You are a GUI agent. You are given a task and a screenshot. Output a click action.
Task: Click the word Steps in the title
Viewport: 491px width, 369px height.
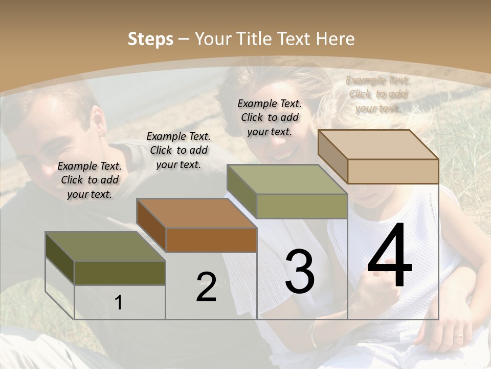pos(150,39)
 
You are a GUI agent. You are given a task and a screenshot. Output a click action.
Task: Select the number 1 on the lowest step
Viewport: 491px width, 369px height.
pos(119,302)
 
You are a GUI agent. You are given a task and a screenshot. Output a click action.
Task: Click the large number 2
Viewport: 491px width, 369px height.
pos(206,287)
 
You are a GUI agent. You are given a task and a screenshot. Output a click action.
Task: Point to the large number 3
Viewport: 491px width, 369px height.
pos(300,272)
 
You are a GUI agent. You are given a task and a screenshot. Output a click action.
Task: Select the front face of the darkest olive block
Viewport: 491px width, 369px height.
pos(120,273)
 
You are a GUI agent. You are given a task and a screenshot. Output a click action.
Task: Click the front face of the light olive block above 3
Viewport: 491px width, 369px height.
pos(302,206)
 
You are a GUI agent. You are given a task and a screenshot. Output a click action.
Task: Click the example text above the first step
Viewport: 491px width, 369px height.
pos(90,180)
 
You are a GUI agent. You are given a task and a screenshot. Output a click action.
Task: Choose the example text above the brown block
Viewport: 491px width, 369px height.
pos(178,150)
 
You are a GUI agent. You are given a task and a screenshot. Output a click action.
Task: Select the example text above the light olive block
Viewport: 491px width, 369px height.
pos(270,117)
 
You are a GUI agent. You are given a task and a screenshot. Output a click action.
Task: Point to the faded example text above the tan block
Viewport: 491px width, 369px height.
pos(377,94)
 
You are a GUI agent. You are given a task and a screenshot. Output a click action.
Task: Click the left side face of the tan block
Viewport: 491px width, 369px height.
pos(332,156)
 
